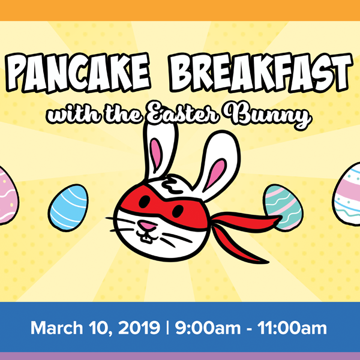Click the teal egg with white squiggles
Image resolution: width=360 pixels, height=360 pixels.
tap(281, 208)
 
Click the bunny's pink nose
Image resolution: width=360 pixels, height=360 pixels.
tap(145, 226)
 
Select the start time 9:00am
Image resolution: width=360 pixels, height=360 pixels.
tap(206, 329)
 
